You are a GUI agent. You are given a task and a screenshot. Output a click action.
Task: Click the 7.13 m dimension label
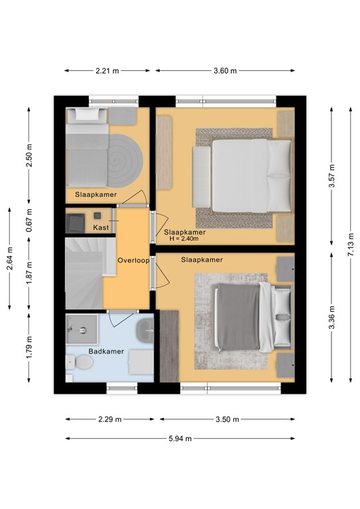351,245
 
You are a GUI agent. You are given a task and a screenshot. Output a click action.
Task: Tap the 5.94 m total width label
180,439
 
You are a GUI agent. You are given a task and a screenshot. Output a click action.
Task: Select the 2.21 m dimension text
107,71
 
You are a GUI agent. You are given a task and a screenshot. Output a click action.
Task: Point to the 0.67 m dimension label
29,220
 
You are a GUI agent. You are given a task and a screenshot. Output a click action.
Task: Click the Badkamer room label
106,351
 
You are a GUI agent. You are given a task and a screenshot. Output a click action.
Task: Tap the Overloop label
133,260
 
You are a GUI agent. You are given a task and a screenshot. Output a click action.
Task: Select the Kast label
101,227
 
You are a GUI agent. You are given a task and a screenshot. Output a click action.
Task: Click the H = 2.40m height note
184,239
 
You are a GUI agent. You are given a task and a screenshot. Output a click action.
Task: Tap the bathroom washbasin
145,331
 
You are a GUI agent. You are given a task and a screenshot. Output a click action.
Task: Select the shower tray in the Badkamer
82,329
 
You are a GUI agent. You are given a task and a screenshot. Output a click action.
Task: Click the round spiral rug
125,160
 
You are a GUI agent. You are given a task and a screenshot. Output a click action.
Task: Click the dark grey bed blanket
239,317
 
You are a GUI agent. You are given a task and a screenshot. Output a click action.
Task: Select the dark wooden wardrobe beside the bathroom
170,346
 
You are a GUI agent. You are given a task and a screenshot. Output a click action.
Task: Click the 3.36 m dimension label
331,318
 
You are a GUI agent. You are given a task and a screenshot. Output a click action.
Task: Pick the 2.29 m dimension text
110,420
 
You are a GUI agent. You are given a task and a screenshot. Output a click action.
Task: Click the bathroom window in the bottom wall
122,388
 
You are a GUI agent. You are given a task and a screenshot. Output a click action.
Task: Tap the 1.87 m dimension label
29,273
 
